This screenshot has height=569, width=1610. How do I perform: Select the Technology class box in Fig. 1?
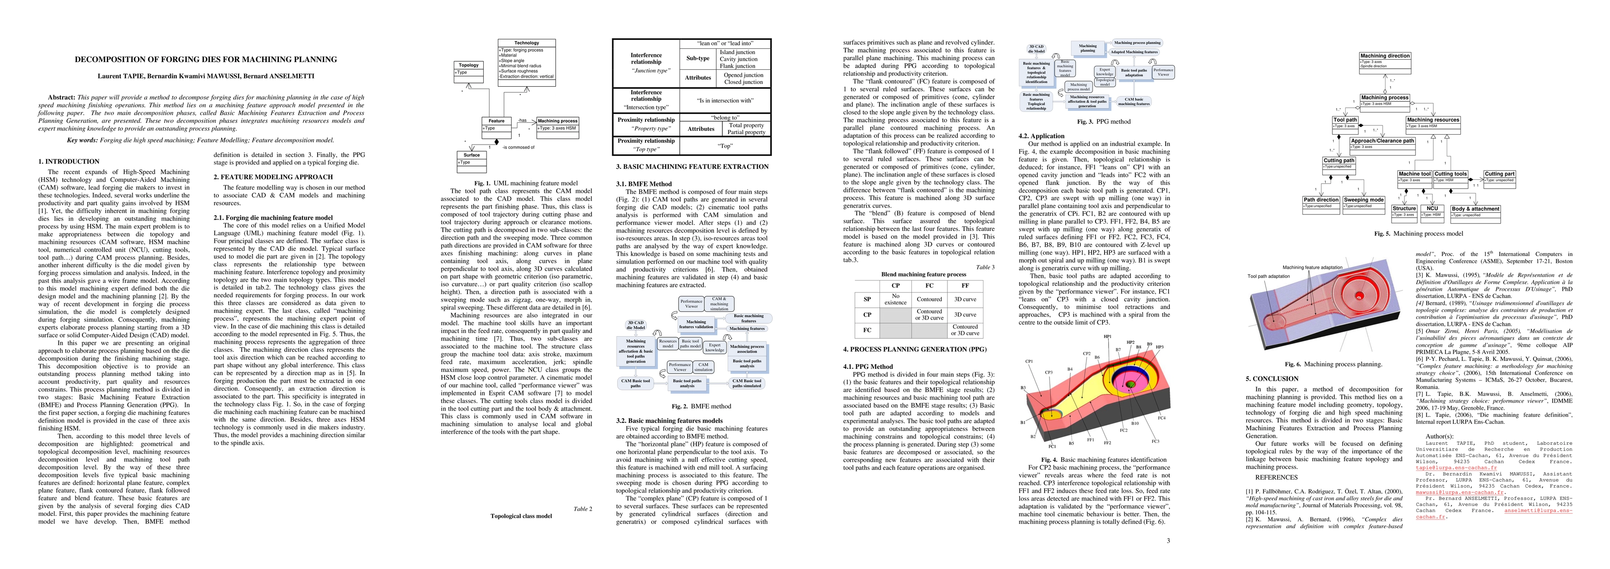526,59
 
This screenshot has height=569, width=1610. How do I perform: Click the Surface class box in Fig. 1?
472,159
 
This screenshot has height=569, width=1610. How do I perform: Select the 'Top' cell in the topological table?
725,146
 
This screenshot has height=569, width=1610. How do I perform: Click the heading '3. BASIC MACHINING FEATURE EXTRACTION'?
692,167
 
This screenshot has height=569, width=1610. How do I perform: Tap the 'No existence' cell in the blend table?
895,300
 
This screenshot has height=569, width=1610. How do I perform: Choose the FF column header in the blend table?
965,285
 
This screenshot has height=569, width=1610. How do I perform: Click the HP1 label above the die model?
1107,337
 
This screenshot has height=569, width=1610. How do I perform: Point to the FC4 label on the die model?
1161,418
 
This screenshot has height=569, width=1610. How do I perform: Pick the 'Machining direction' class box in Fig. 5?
1385,59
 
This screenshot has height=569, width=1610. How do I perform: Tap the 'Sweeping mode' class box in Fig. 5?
1364,203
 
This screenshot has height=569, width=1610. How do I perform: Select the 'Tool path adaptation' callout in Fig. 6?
1268,276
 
